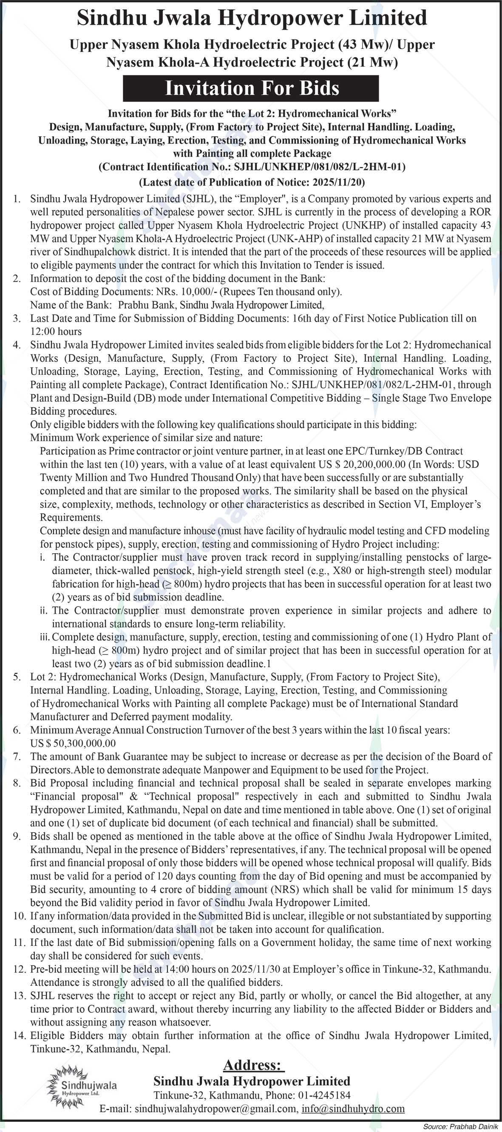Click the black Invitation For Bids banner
point(250,88)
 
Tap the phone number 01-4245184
point(324,1095)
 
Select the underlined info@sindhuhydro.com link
point(353,1109)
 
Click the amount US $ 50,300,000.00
point(73,743)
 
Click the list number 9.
point(17,836)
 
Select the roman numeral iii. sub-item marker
point(44,637)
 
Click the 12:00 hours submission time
point(56,332)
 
